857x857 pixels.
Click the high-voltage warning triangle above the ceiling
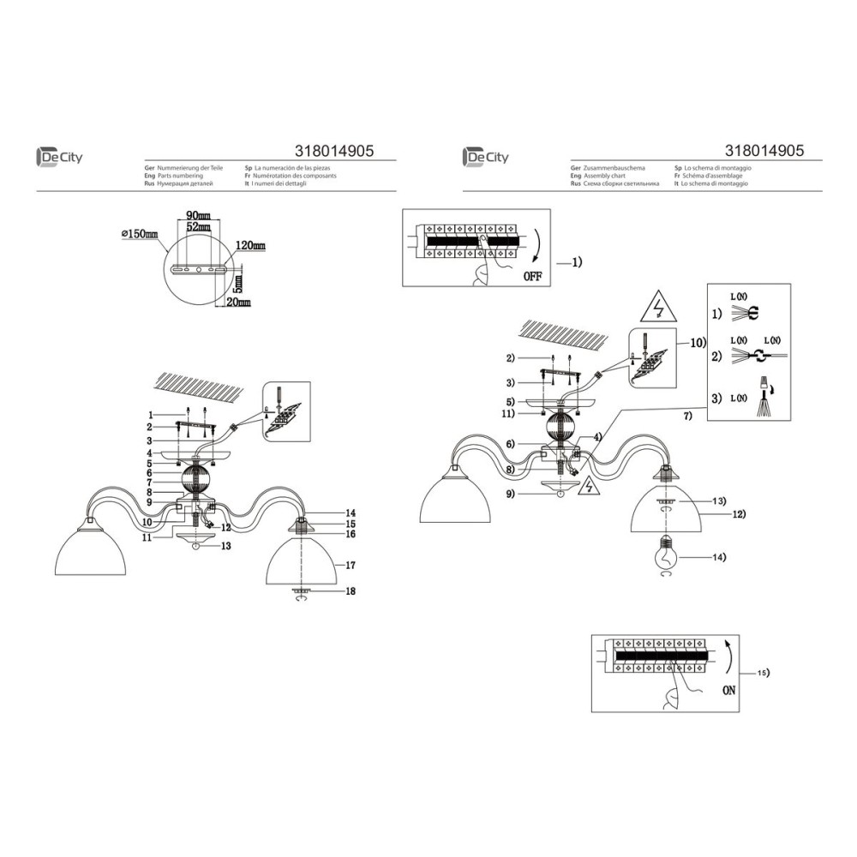click(656, 306)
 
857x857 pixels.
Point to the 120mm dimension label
click(250, 246)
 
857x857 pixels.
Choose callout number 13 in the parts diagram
click(226, 545)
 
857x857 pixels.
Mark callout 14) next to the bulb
click(718, 558)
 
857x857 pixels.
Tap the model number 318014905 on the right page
click(764, 150)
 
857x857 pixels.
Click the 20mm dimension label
click(238, 303)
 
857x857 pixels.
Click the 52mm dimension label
click(196, 226)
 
